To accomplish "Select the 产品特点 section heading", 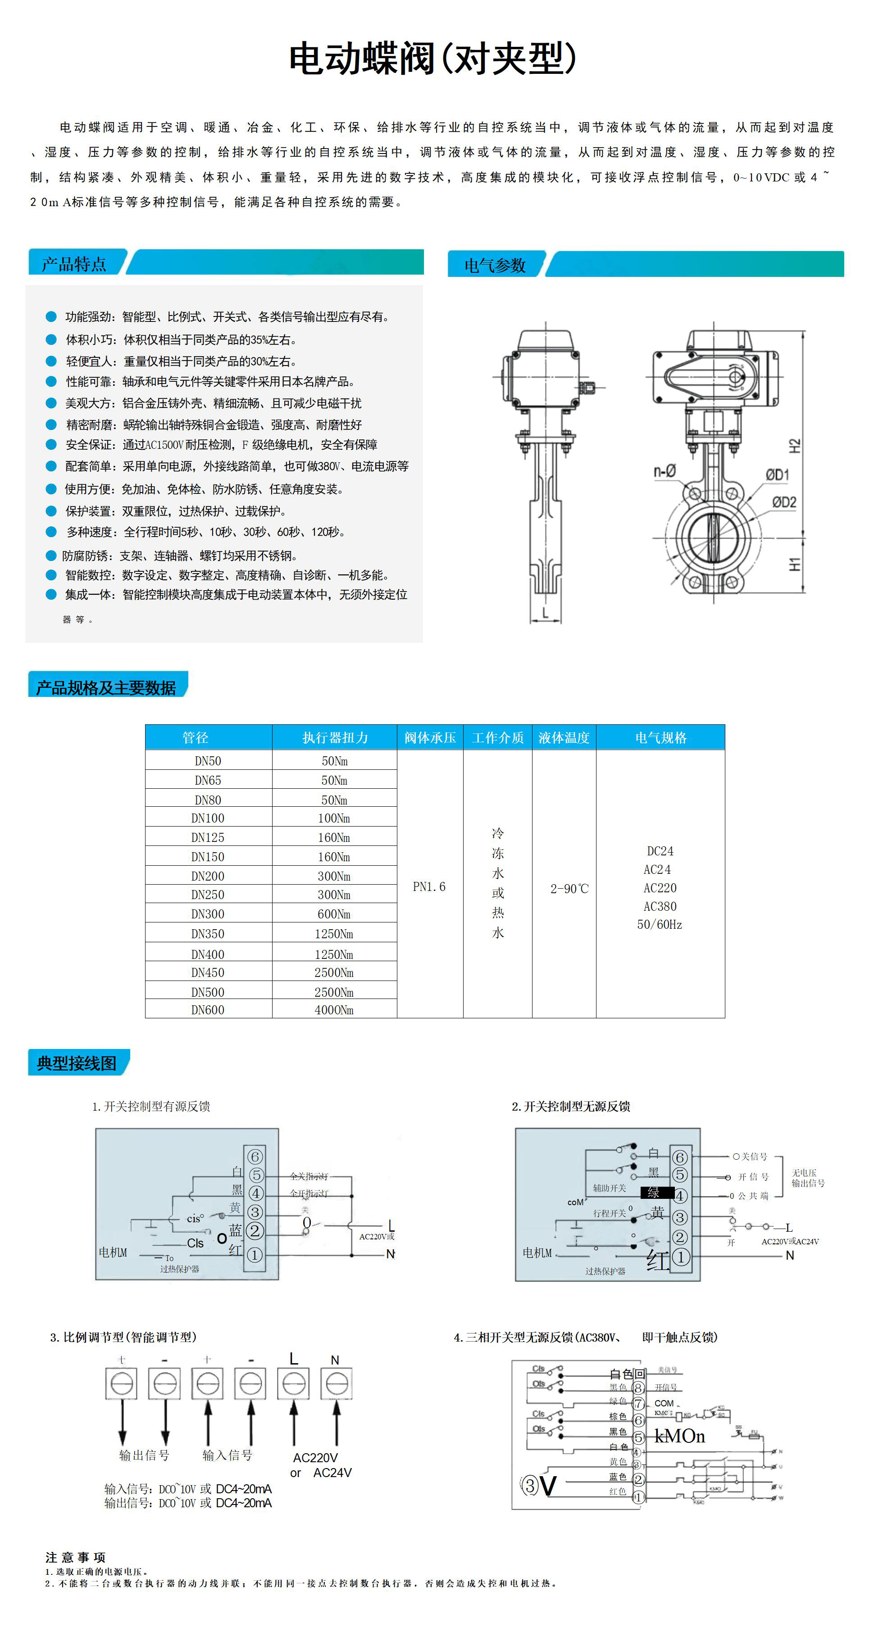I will click(x=74, y=263).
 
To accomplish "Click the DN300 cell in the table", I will click(x=208, y=914).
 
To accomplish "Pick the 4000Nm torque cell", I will click(x=334, y=1010).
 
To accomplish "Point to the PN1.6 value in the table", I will click(x=429, y=886).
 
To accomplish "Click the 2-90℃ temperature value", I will click(x=569, y=889).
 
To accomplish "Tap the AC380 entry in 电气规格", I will click(x=660, y=906).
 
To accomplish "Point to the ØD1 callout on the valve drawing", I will click(x=777, y=475).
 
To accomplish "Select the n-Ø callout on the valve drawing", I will click(x=665, y=471).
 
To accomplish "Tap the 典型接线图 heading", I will click(x=76, y=1063).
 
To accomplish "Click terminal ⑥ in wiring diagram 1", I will click(x=255, y=1157).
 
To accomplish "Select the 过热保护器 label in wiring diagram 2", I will click(x=605, y=1271).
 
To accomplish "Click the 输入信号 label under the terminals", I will click(x=227, y=1455).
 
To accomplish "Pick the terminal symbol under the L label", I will click(x=294, y=1383).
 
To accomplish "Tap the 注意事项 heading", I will click(x=75, y=1557).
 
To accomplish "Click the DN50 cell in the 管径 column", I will click(x=208, y=761).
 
